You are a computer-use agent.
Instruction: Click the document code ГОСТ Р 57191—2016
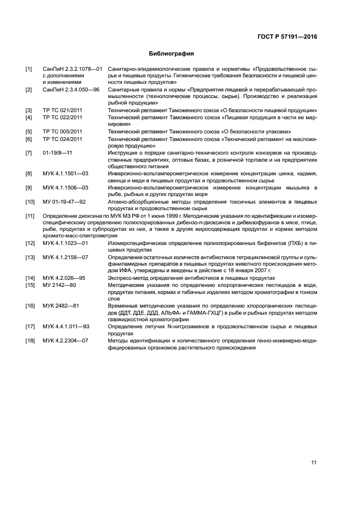coord(286,36)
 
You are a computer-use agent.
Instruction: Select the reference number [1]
coord(29,69)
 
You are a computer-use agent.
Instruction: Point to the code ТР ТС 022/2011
coord(63,117)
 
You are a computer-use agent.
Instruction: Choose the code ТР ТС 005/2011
coord(63,131)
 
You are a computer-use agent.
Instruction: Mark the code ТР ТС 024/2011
coord(63,139)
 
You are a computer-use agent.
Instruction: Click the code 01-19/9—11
coord(57,152)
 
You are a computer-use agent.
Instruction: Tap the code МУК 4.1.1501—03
coord(65,173)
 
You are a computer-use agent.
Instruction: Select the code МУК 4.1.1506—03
coord(65,187)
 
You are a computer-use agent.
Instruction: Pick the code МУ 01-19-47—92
coord(64,201)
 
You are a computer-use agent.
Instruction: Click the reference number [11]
coord(30,216)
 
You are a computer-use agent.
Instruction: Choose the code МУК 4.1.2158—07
coord(65,256)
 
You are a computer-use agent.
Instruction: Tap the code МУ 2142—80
coord(59,284)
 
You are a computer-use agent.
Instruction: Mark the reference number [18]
coord(30,341)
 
